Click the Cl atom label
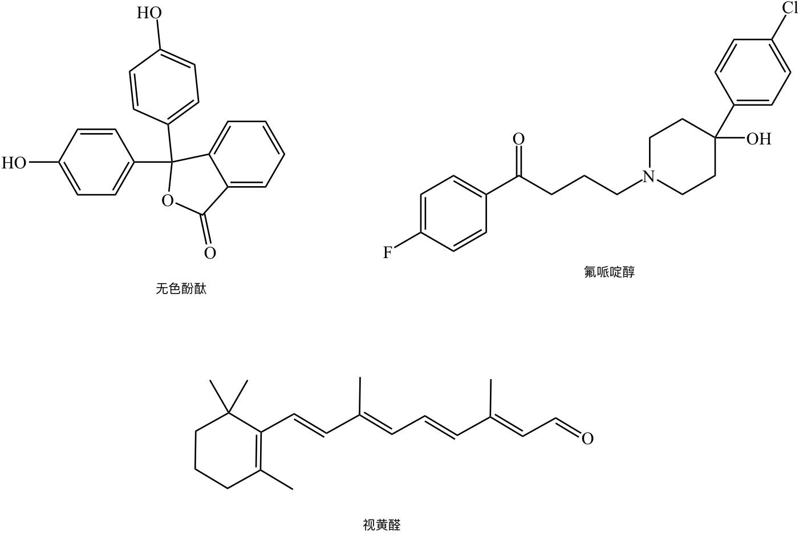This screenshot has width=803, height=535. pos(789,8)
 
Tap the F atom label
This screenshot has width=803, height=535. pos(387,252)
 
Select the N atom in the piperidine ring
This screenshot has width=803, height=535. pos(648,177)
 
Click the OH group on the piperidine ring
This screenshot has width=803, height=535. pos(759,139)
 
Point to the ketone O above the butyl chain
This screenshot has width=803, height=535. pos(518,139)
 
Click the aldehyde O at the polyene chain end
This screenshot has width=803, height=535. pos(587,439)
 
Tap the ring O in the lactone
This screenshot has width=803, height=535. pos(167,201)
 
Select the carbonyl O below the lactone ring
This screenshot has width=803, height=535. pos(210,253)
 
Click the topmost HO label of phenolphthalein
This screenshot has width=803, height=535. pos(149,13)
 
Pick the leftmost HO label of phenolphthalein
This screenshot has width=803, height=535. pos(14,163)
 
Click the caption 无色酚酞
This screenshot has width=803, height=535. pos(181,289)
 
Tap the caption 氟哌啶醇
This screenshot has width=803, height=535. pos(609,272)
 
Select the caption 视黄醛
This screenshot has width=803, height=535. pos(382,525)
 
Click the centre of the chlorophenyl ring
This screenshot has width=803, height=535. pos(753,73)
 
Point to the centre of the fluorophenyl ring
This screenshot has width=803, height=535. pos(453,214)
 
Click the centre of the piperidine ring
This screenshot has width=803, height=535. pos(683,156)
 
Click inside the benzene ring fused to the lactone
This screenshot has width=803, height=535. pos(246,154)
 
